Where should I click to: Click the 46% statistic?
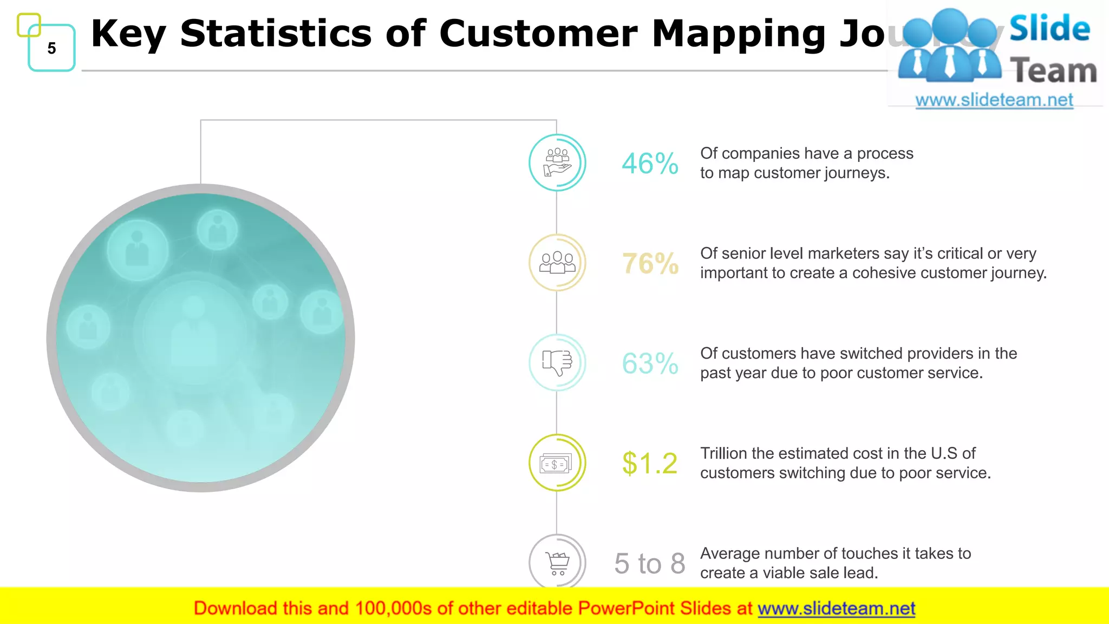pyautogui.click(x=650, y=164)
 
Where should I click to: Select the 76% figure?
pyautogui.click(x=650, y=264)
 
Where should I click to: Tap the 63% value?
pyautogui.click(x=650, y=363)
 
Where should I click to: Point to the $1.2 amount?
pyautogui.click(x=649, y=464)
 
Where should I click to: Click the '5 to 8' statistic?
pyautogui.click(x=649, y=563)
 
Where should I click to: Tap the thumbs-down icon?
pyautogui.click(x=557, y=362)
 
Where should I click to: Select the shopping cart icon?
pyautogui.click(x=557, y=563)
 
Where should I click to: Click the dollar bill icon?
pyautogui.click(x=556, y=463)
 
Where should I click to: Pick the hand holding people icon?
pyautogui.click(x=557, y=162)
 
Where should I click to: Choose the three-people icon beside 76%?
pyautogui.click(x=557, y=263)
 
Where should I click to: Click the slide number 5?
pyautogui.click(x=51, y=48)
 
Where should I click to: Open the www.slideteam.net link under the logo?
pyautogui.click(x=994, y=100)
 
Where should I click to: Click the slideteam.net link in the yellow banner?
pyautogui.click(x=836, y=609)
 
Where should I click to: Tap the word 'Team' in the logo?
pyautogui.click(x=1053, y=71)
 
